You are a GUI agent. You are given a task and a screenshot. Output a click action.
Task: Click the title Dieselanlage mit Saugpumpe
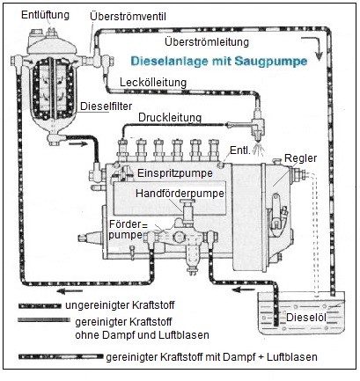219,61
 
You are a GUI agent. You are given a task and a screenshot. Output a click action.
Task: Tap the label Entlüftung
45,15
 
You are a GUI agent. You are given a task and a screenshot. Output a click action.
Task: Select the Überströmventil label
128,17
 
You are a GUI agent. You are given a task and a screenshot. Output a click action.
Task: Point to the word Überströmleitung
207,41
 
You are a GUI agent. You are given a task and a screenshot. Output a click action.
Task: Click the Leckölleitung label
153,82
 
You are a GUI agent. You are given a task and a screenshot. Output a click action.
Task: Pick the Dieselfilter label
107,106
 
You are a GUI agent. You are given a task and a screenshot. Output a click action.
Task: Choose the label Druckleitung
170,118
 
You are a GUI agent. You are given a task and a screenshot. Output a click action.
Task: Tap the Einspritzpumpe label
175,172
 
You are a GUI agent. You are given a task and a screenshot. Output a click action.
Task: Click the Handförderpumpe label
180,194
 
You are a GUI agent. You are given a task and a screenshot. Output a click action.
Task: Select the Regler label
301,158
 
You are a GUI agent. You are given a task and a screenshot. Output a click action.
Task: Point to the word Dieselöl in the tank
306,317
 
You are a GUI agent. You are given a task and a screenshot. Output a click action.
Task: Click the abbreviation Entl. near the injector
240,150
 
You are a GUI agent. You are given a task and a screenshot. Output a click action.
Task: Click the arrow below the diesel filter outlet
78,143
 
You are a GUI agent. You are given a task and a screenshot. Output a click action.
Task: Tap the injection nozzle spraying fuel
259,133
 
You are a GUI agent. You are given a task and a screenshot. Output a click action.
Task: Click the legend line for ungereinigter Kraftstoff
40,306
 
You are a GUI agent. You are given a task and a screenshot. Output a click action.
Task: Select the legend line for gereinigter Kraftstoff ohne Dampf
44,320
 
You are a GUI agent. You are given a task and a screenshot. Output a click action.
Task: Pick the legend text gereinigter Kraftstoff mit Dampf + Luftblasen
211,357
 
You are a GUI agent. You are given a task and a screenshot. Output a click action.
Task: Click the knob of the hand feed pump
187,201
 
